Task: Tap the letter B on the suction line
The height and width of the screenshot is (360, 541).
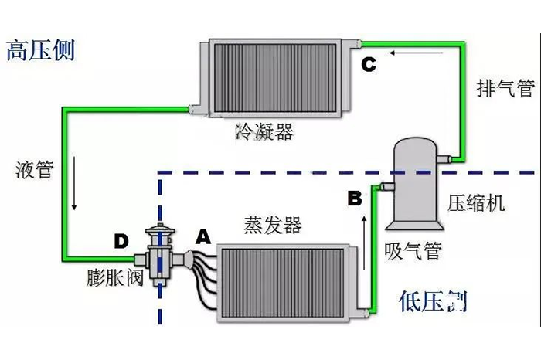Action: coord(354,199)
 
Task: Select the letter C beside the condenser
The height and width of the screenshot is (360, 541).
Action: coord(369,65)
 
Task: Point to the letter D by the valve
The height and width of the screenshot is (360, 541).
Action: coord(121,242)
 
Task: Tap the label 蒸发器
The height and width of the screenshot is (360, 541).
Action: coord(272,226)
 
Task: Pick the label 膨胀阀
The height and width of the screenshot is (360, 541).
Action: coord(114,279)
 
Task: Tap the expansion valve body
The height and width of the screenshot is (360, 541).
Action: coord(159,251)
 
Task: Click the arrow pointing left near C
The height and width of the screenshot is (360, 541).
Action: coord(417,53)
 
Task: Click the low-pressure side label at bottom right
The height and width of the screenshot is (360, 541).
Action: coord(434,299)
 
